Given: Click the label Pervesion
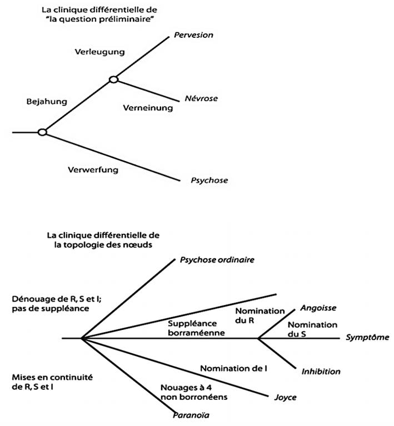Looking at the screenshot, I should pos(193,35).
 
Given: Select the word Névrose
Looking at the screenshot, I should pos(201,98).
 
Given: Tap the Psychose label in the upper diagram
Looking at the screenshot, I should pos(209,180).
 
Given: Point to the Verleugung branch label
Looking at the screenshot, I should pos(99,52).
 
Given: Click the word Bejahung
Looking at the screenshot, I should pos(47,102).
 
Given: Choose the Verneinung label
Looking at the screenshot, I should pos(148,108).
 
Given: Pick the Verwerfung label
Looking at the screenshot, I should pos(93,169).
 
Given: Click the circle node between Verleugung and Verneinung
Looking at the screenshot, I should pos(113,79).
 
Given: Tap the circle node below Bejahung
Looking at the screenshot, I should pos(42,132).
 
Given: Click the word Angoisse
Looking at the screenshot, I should pos(318,308).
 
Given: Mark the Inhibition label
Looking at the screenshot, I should pos(321,371).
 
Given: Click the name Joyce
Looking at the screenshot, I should pos(286,397).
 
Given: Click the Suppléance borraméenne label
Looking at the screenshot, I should pos(197,328).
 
